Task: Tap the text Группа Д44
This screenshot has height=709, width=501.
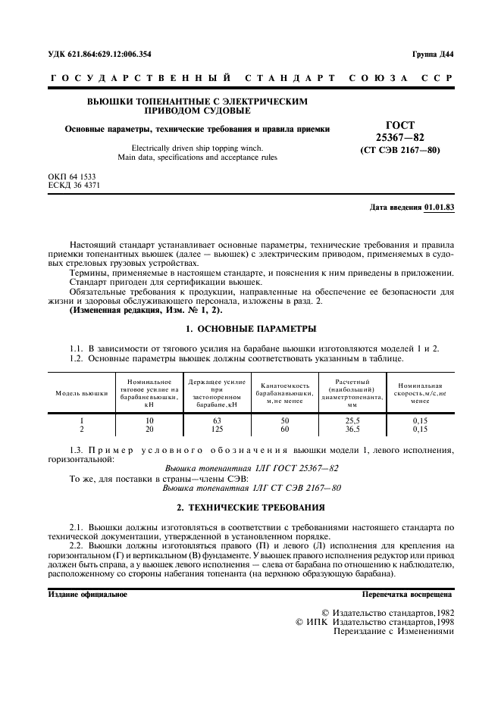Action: (433, 54)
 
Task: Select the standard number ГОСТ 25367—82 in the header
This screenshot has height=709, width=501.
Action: (399, 130)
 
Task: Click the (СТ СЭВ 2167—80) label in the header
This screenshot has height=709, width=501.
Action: (399, 149)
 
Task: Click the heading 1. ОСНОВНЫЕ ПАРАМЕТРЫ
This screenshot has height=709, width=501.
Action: (251, 330)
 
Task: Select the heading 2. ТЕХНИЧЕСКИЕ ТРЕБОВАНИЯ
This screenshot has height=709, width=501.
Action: (251, 507)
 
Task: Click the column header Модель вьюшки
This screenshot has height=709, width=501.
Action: (81, 394)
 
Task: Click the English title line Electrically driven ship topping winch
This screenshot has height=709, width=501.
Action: (197, 148)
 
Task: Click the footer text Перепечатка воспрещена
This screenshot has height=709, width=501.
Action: (407, 595)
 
